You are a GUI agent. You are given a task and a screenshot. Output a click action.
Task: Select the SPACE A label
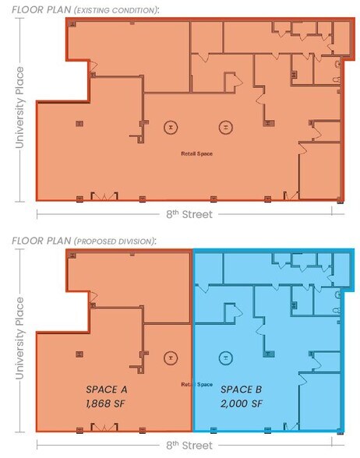(x=108, y=389)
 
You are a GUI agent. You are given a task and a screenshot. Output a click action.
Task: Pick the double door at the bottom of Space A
(x=102, y=428)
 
